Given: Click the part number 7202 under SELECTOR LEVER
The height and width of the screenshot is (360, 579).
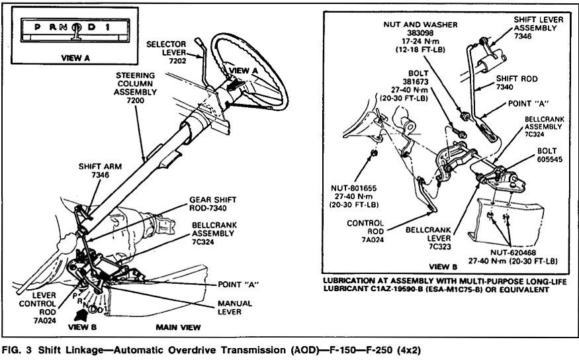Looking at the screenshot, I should [177, 61].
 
